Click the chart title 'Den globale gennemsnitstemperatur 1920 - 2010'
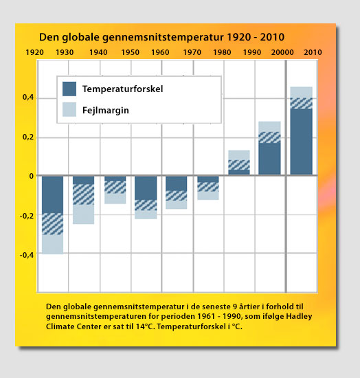pos(161,37)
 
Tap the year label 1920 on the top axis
pos(35,52)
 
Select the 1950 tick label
pos(130,52)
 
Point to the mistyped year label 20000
pos(282,52)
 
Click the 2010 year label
pos(313,52)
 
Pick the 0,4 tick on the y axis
pos(28,97)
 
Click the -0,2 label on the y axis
pos(27,216)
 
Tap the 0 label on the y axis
pos(32,176)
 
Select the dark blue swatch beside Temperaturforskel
pos(69,89)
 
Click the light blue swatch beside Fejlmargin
pos(69,109)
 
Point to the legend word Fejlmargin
pos(106,111)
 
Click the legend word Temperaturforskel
pos(123,89)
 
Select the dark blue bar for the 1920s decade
pos(52,194)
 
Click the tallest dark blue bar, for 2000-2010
pos(301,142)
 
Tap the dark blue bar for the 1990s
pos(269,158)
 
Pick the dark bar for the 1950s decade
pos(146,188)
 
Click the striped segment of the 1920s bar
pos(52,224)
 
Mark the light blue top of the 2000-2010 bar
pos(301,92)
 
